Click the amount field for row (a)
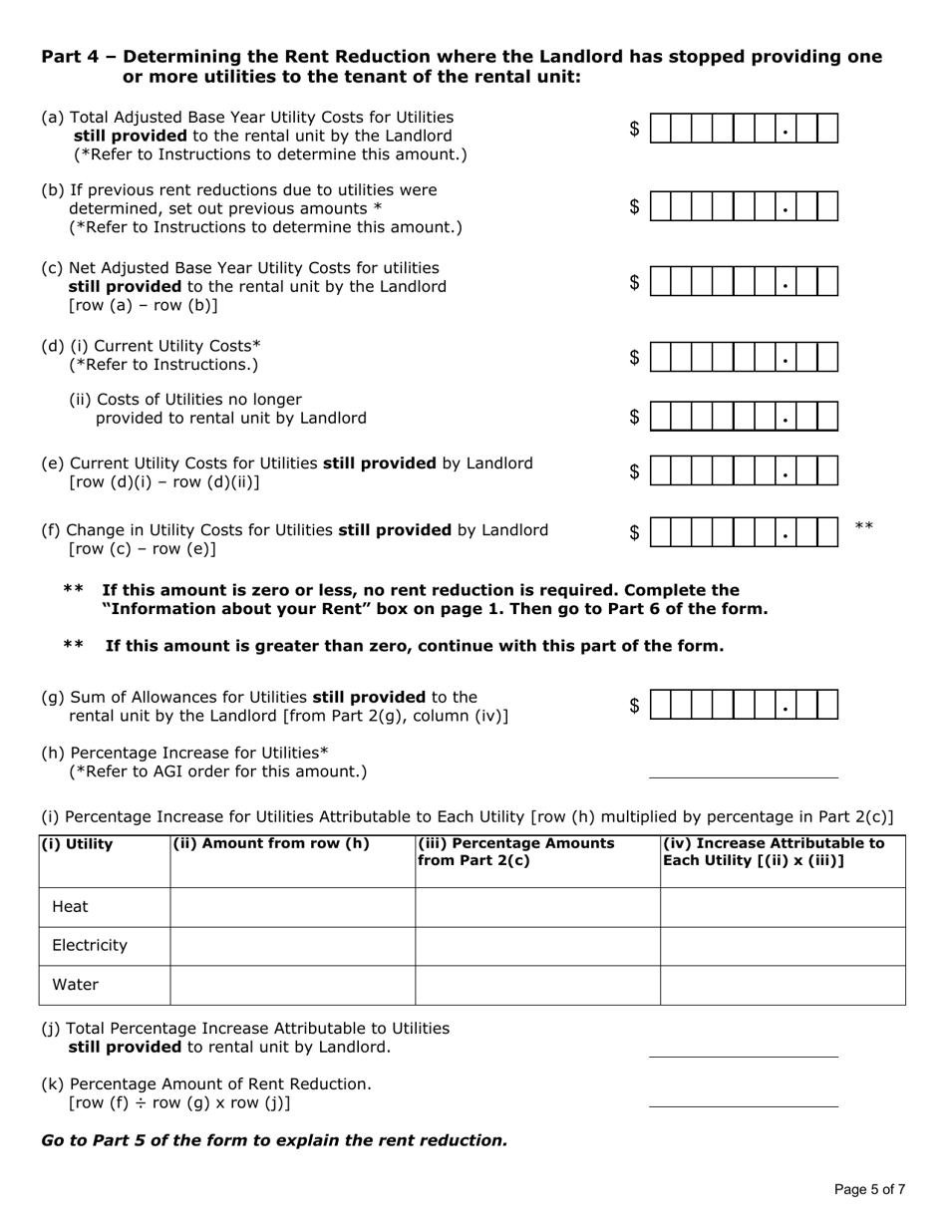(x=744, y=129)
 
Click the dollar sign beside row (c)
(x=634, y=283)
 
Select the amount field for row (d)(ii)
(x=744, y=417)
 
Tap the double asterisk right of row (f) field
(x=864, y=526)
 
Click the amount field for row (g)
(x=744, y=705)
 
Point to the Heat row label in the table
(x=70, y=907)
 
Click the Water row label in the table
(x=75, y=985)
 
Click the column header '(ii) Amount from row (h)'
(x=271, y=844)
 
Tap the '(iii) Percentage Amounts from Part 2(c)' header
(x=515, y=852)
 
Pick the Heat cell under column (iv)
(x=783, y=907)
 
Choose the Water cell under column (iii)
(x=537, y=985)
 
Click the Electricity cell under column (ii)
(x=292, y=946)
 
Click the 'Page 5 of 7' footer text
(x=869, y=1189)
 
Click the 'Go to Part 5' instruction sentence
(x=274, y=1140)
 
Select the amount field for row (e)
(x=744, y=471)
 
